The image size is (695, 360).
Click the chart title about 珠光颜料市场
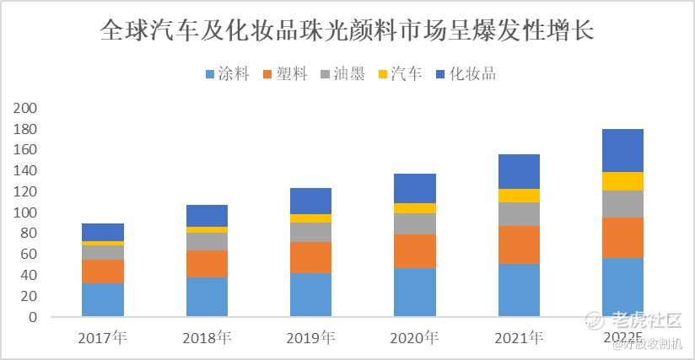(x=347, y=31)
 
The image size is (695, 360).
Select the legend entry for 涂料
(x=228, y=73)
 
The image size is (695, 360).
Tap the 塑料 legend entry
(x=287, y=73)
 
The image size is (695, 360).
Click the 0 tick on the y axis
(x=33, y=318)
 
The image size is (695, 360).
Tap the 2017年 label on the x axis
(x=102, y=339)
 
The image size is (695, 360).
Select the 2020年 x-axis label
(x=414, y=339)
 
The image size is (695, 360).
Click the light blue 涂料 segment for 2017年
(x=103, y=300)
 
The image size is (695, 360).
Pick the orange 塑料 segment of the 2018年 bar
(x=207, y=264)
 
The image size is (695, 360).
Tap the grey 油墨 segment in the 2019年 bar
(x=311, y=232)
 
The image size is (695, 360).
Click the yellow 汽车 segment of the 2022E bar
(x=622, y=181)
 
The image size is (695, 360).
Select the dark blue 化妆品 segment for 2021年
(x=519, y=171)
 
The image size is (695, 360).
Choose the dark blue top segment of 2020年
(x=414, y=188)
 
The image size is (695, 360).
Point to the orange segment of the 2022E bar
(x=622, y=238)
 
